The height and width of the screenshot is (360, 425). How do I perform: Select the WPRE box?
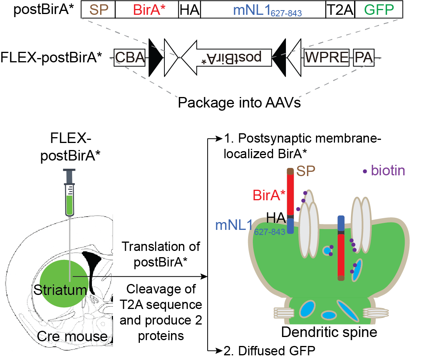[326, 58]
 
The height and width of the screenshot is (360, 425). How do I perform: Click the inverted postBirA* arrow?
[226, 58]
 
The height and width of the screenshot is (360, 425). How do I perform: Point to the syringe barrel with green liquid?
[70, 199]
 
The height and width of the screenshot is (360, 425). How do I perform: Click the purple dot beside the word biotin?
[364, 171]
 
